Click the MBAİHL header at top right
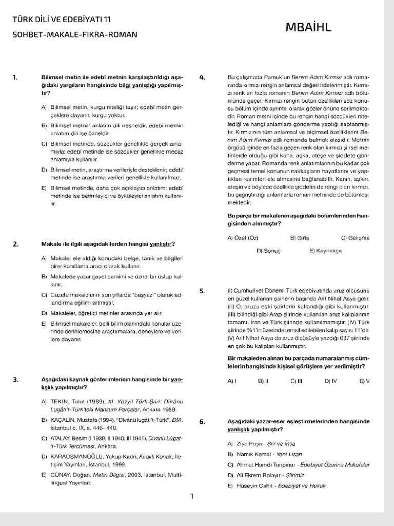(308, 27)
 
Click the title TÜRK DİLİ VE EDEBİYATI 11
(61, 20)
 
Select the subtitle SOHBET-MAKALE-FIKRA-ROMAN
(74, 34)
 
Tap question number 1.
(15, 78)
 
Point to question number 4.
(202, 78)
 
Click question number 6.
(202, 422)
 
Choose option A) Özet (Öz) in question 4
(242, 238)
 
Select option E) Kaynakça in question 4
(325, 251)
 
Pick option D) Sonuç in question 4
(268, 251)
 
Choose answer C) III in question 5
(296, 381)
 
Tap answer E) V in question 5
(364, 381)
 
